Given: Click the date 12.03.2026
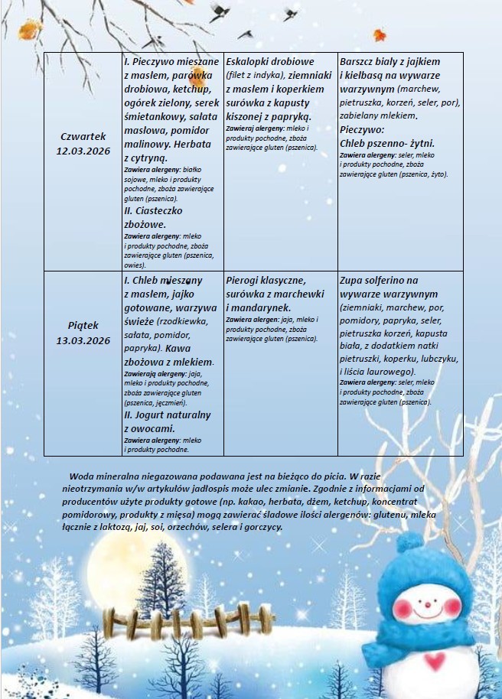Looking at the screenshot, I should (x=83, y=150).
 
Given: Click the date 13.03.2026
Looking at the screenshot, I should (x=83, y=340).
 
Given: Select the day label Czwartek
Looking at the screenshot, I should (x=83, y=136).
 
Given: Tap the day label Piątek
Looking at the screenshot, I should (x=83, y=326).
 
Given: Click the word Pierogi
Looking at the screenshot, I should (x=244, y=280).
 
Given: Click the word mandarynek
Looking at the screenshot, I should (x=260, y=307).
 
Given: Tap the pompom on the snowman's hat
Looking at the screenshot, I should (x=410, y=545).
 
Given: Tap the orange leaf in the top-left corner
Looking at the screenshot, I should (x=29, y=30).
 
